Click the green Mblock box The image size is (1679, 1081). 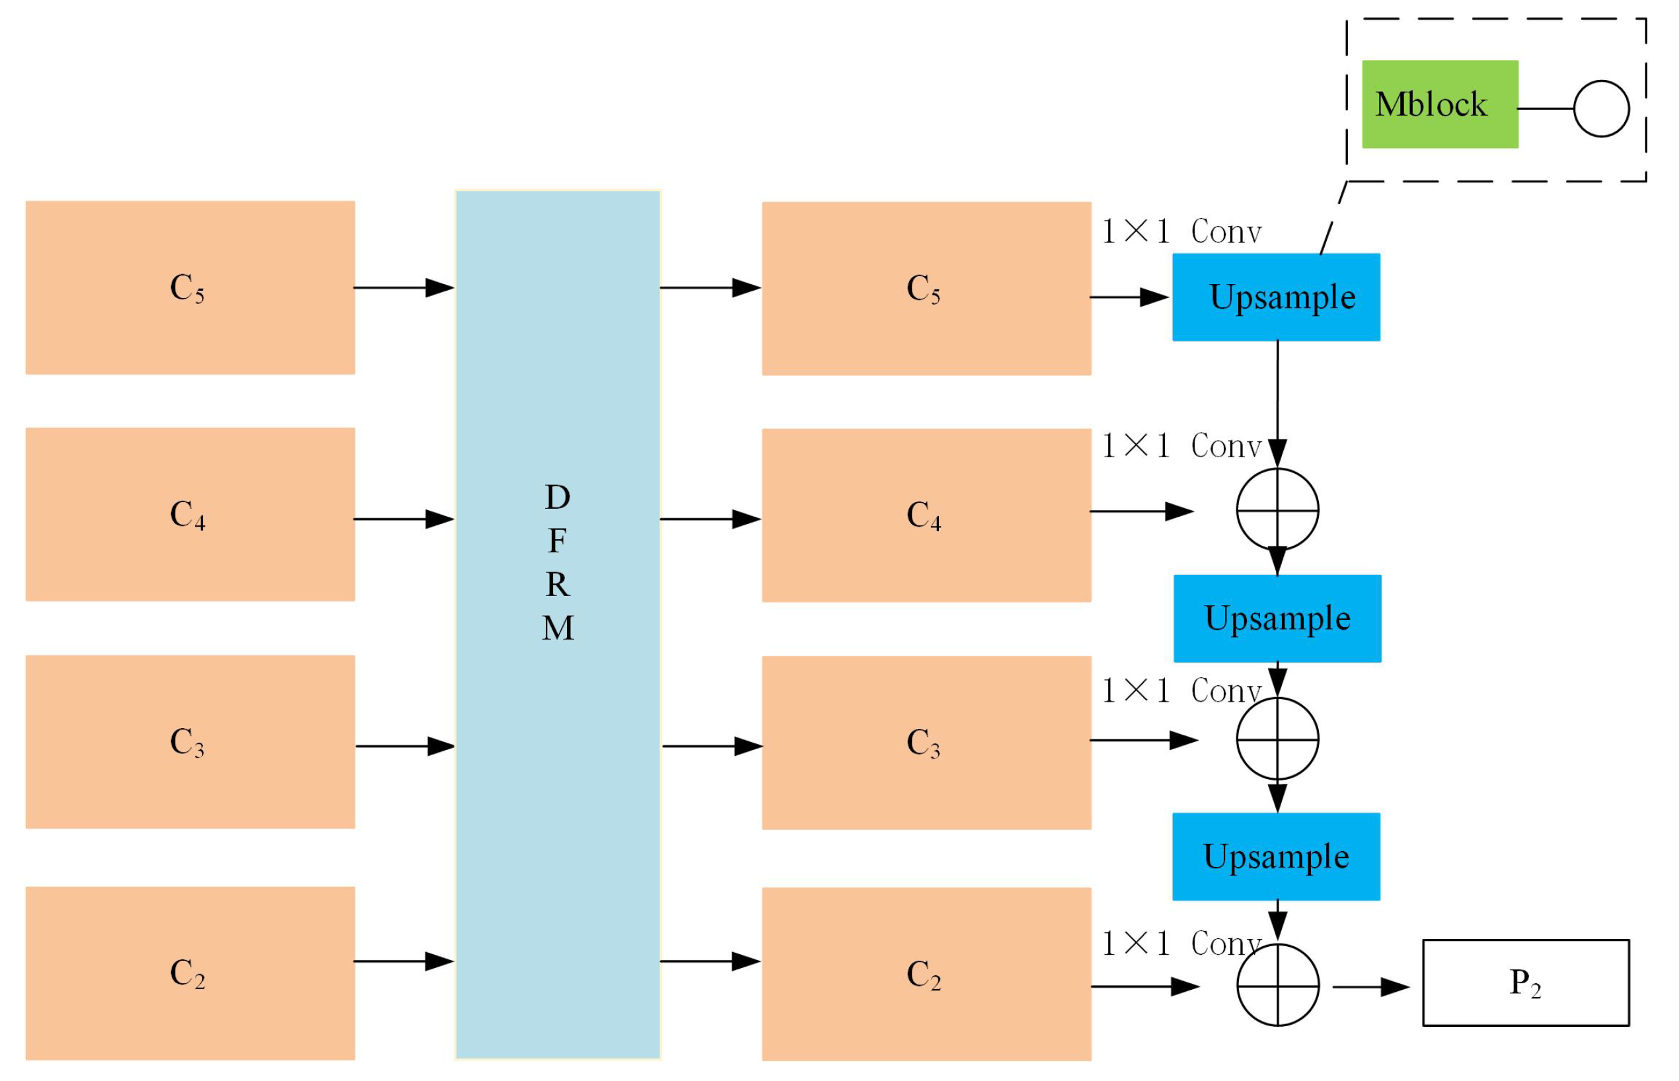[1439, 104]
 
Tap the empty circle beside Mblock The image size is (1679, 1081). [1601, 109]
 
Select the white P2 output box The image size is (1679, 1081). [1524, 982]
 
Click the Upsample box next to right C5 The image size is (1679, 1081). [1275, 297]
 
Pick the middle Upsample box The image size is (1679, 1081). [1277, 618]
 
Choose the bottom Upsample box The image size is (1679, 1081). [1275, 856]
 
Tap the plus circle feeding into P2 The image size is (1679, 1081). [1277, 985]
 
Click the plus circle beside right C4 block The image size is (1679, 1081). [1277, 509]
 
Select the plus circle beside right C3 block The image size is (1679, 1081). [1277, 739]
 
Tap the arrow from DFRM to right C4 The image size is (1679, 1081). [710, 519]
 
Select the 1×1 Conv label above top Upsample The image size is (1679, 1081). [1181, 232]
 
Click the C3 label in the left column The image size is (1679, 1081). [188, 743]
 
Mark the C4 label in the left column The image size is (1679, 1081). [188, 515]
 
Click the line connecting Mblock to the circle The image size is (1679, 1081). [1545, 109]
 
